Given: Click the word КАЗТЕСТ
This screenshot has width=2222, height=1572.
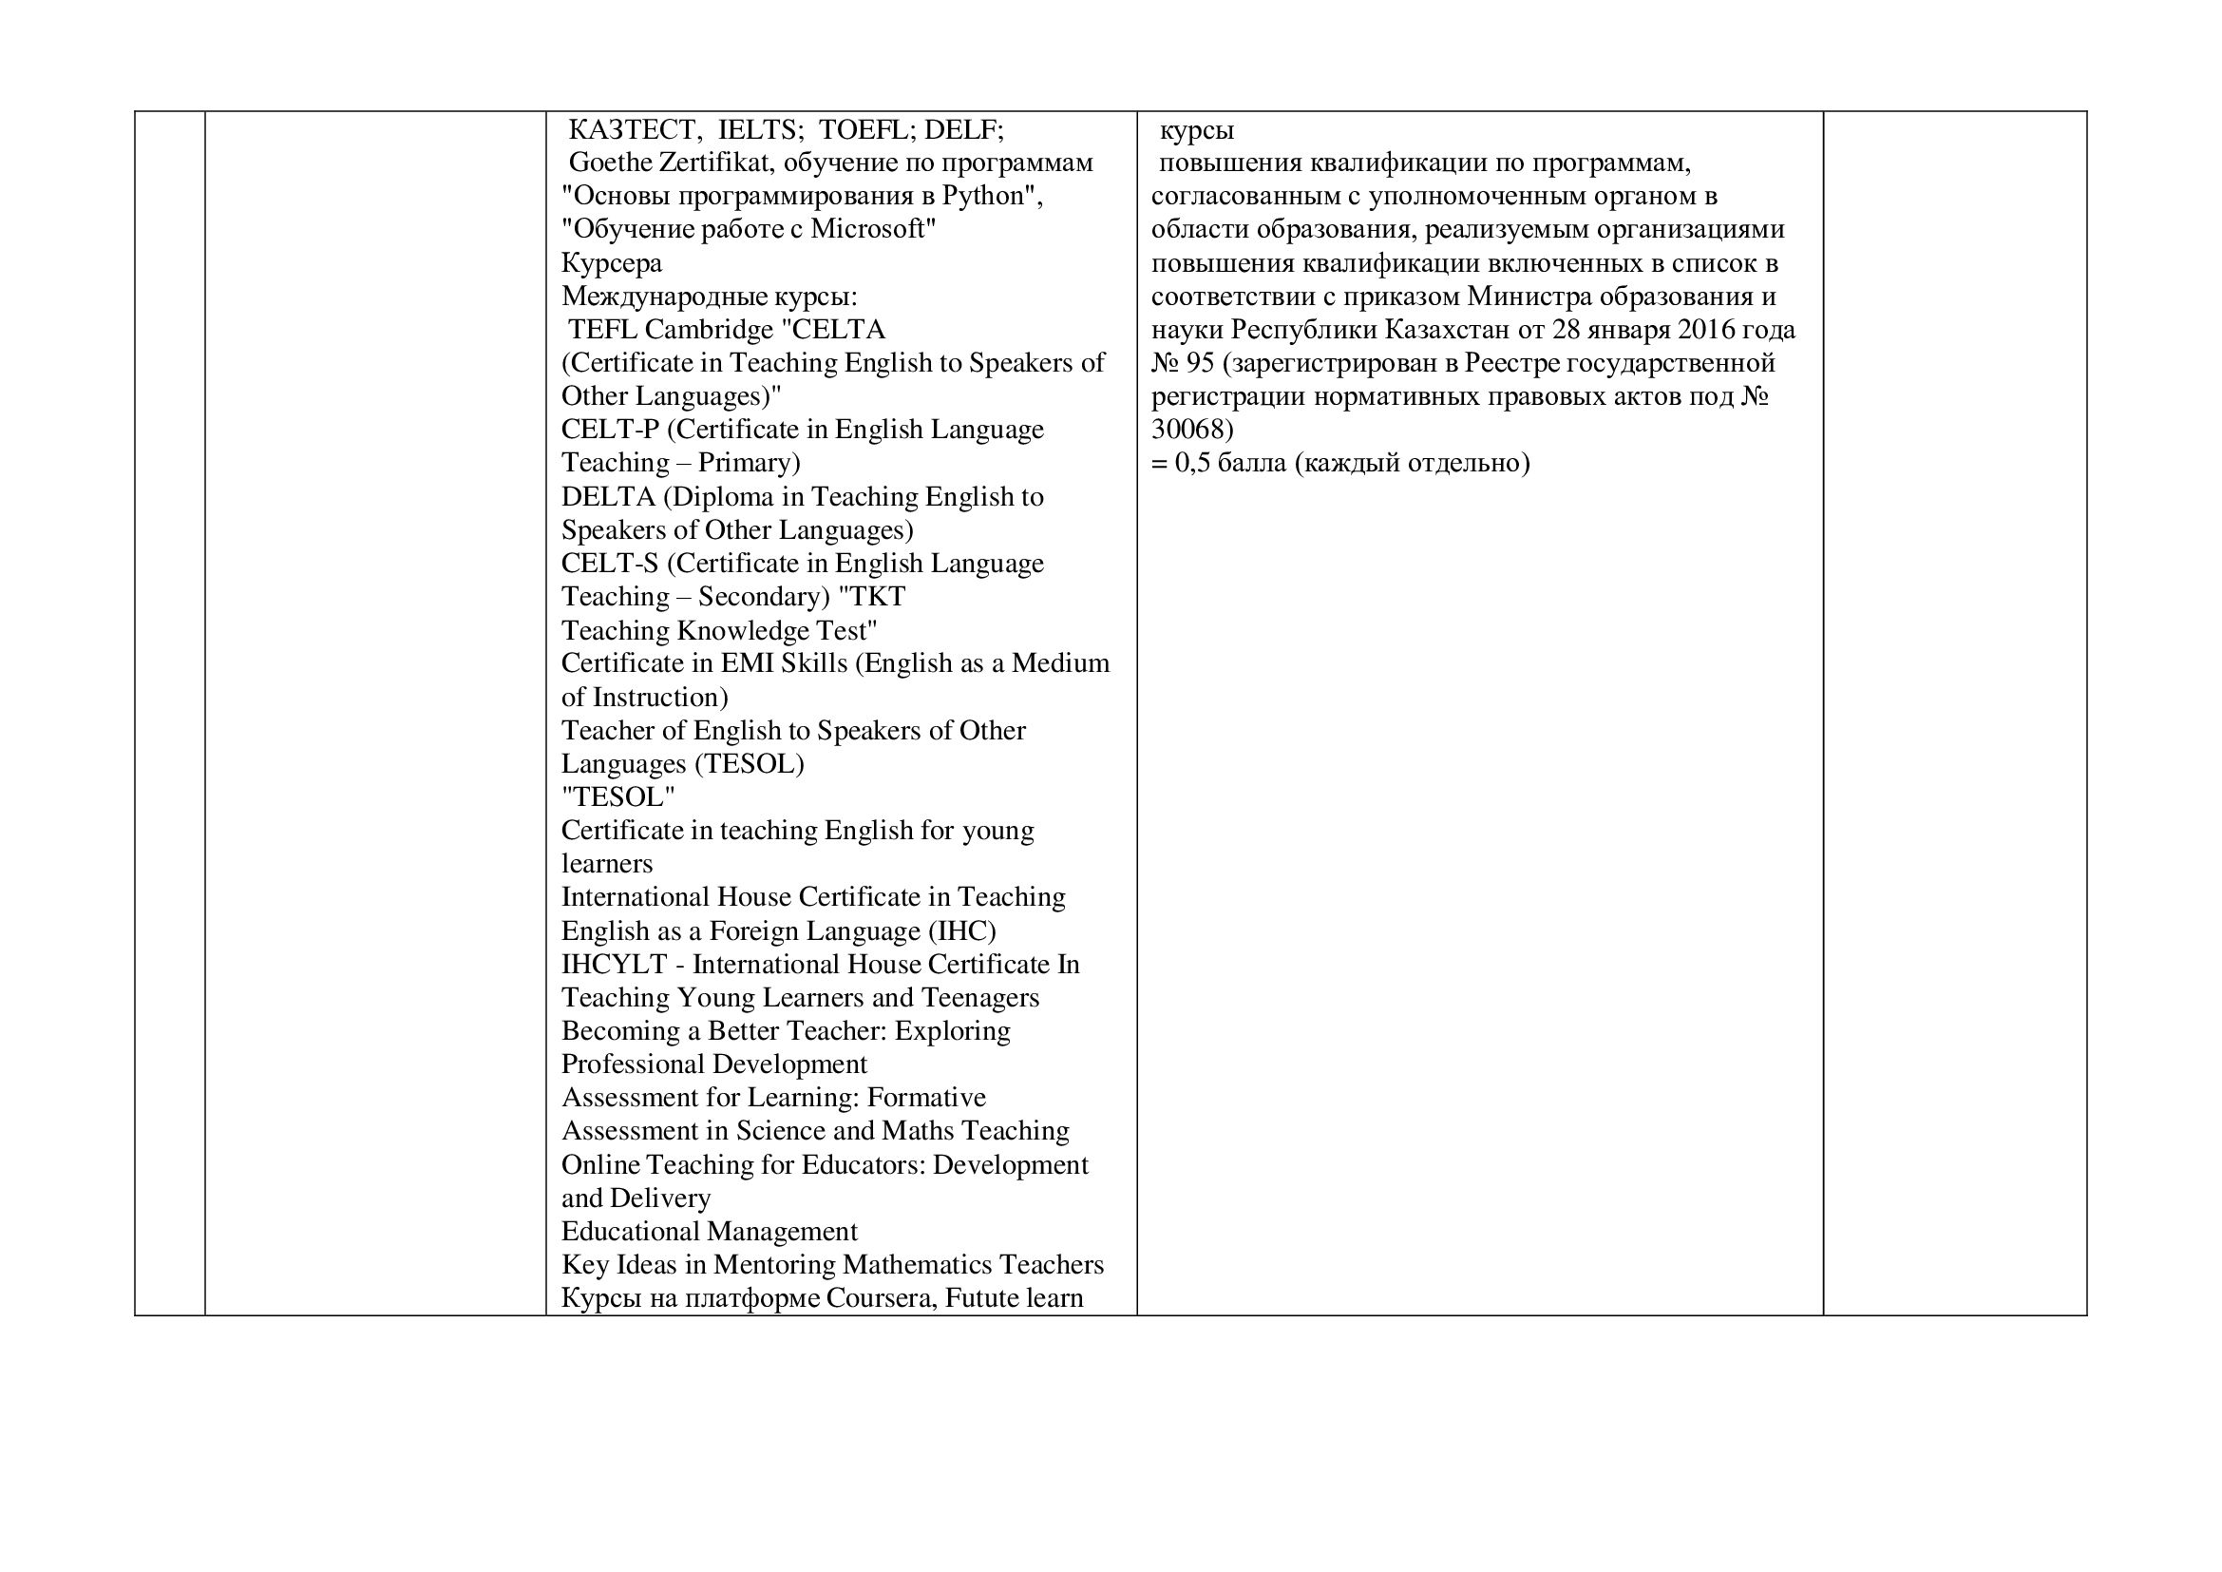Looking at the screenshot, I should pos(631,129).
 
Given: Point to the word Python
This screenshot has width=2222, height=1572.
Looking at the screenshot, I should pos(1001,196).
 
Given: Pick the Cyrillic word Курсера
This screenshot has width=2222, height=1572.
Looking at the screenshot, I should pos(612,263).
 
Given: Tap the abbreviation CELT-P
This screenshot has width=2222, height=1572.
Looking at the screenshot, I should pos(610,430).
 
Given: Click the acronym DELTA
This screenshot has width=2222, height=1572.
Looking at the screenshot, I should pos(608,496).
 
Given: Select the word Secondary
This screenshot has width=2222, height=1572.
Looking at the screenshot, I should pos(759,596).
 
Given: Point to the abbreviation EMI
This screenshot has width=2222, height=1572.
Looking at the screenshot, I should pos(746,663).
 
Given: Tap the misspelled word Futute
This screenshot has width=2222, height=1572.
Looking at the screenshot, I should pos(981,1298).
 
